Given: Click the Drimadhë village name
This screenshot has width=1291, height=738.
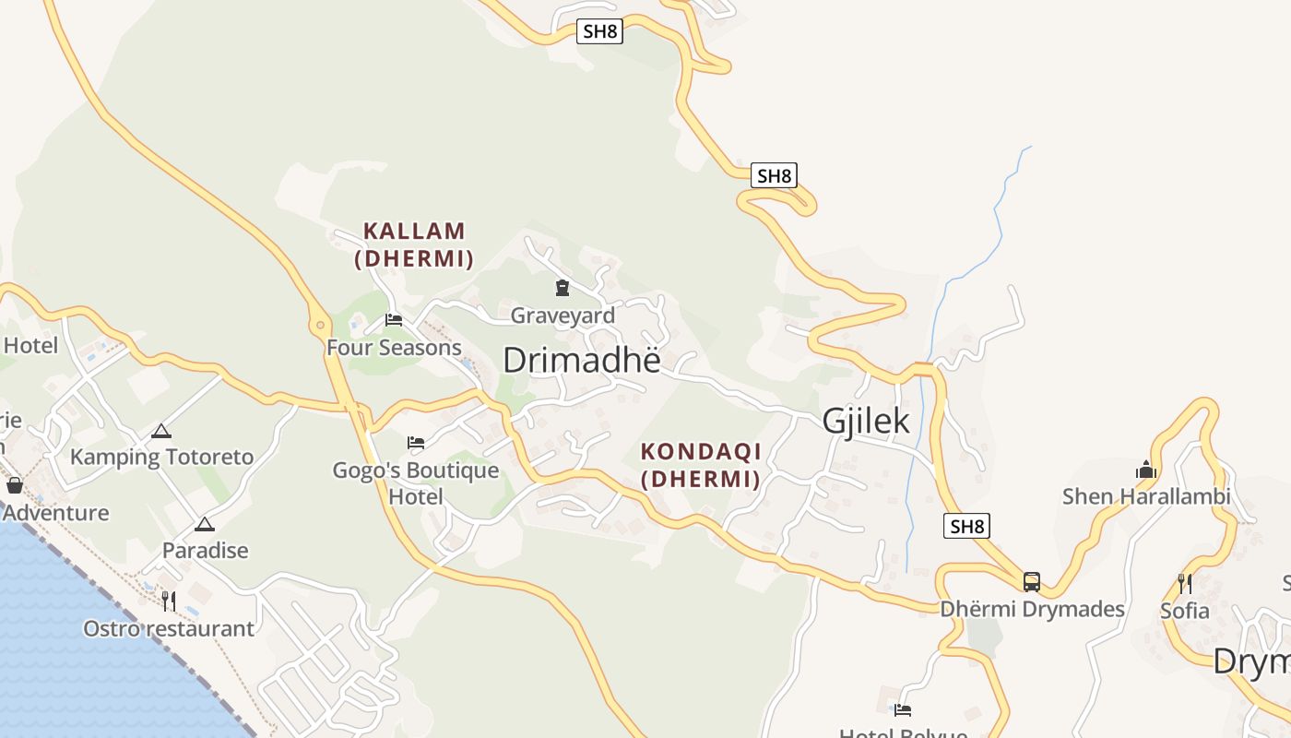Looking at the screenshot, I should [582, 360].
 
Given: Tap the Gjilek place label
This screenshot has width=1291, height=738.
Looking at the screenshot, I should [865, 421].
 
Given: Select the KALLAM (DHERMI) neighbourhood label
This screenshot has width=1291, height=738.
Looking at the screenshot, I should [414, 244].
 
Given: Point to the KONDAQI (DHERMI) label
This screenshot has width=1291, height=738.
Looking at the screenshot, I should [701, 465].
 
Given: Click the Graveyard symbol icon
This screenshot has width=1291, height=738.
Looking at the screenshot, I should [562, 288].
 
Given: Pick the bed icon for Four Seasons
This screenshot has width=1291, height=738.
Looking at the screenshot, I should [394, 320].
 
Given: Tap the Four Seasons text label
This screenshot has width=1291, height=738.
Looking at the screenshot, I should [394, 348].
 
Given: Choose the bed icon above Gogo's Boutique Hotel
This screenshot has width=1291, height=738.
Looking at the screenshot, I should [416, 443].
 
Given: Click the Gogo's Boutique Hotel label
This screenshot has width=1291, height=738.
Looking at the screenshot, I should [416, 483].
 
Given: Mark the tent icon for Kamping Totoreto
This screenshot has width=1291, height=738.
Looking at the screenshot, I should [161, 431].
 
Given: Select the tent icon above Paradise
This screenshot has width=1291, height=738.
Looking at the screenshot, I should [205, 524].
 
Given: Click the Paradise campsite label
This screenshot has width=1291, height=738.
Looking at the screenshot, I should [206, 551].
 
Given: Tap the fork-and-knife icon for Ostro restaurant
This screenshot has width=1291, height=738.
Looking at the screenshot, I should [169, 601].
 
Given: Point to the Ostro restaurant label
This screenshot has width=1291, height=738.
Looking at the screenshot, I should [169, 629].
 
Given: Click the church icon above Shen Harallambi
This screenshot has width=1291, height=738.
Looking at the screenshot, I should [1146, 470].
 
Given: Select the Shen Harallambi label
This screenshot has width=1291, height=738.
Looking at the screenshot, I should [1146, 496].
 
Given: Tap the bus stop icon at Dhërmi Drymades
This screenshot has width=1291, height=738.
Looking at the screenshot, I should [1032, 582].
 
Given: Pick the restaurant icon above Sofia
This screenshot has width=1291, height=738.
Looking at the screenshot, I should [1185, 583].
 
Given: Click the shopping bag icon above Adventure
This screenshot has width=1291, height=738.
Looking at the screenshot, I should [14, 485].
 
